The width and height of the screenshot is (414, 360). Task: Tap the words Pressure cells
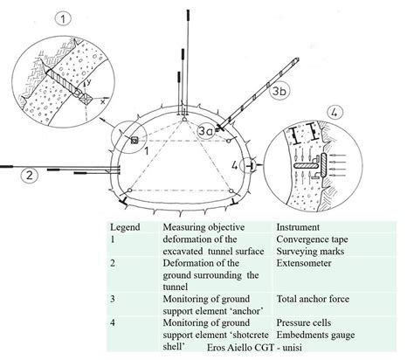point(306,324)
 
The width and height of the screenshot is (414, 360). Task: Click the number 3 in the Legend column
point(114,299)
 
